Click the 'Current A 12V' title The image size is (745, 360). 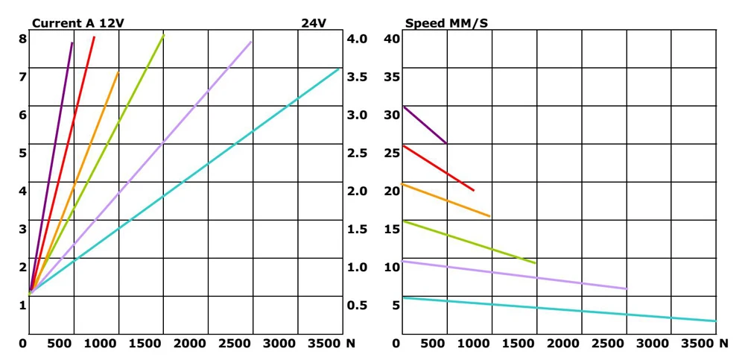coord(77,23)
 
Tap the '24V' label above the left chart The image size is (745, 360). coord(314,23)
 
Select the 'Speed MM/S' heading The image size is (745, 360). coord(446,23)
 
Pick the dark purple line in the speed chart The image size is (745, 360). coord(425,125)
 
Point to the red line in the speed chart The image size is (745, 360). coord(440,168)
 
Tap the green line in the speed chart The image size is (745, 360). coord(469,241)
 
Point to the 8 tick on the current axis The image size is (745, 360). coord(22,39)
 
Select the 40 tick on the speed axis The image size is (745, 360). coord(392,39)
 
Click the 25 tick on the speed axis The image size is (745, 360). coord(392,153)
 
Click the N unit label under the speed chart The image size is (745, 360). coord(723,343)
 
